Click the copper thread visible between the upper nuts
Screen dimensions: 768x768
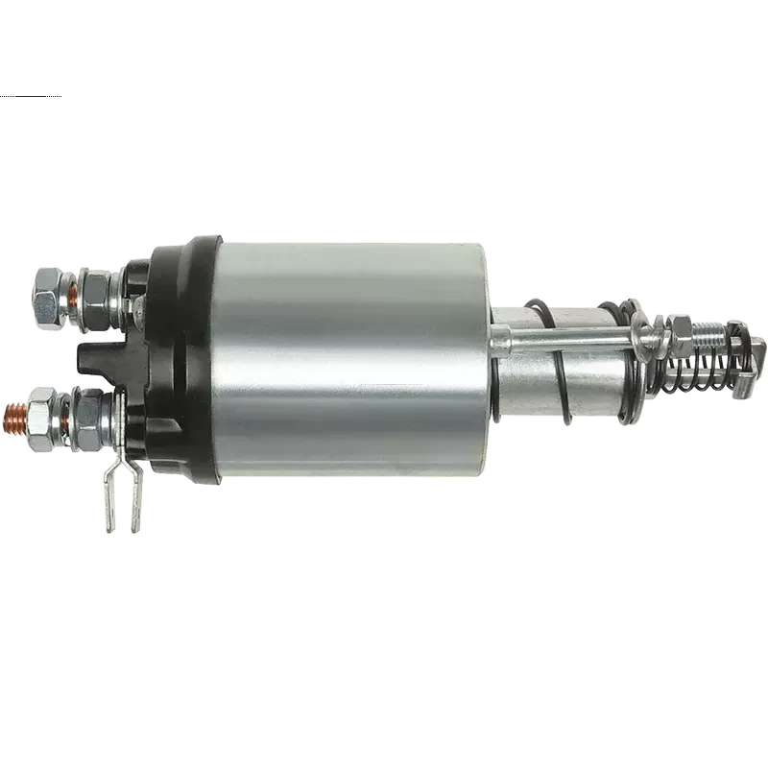click(72, 284)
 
